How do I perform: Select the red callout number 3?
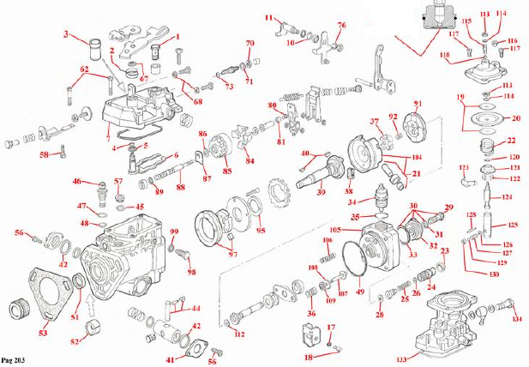[65, 34]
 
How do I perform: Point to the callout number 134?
[516, 319]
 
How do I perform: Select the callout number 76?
[341, 25]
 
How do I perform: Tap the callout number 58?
[44, 155]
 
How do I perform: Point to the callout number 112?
[240, 334]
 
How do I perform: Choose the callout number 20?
[516, 118]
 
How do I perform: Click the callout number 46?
[76, 181]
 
